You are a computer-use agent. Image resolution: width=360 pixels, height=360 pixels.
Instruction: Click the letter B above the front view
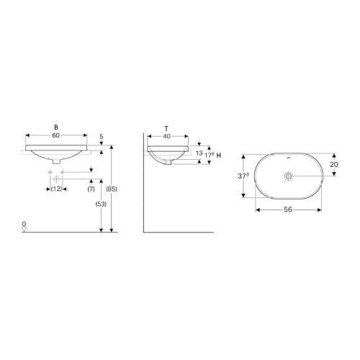tap(55, 127)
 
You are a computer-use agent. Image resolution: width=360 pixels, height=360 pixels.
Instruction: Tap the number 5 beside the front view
tap(102, 135)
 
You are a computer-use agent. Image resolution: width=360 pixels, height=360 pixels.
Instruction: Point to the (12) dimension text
tap(55, 189)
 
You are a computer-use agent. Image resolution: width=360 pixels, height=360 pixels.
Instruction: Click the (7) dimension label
tap(91, 189)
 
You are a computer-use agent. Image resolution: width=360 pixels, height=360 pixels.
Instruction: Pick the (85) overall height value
tap(111, 189)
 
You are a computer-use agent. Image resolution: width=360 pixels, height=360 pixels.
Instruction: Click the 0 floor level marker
tap(24, 225)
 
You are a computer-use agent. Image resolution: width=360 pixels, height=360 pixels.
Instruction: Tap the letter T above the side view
tap(168, 127)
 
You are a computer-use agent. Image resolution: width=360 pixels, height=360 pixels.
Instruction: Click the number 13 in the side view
tap(197, 154)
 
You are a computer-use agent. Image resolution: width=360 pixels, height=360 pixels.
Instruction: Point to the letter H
tap(218, 155)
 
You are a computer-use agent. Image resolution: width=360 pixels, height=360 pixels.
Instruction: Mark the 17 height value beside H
tap(208, 154)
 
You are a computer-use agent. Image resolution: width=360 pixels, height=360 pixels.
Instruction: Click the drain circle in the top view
tap(287, 176)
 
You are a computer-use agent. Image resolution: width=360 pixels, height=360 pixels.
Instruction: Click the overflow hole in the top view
tap(287, 157)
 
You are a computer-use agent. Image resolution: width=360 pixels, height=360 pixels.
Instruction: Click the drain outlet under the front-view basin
tap(55, 160)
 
